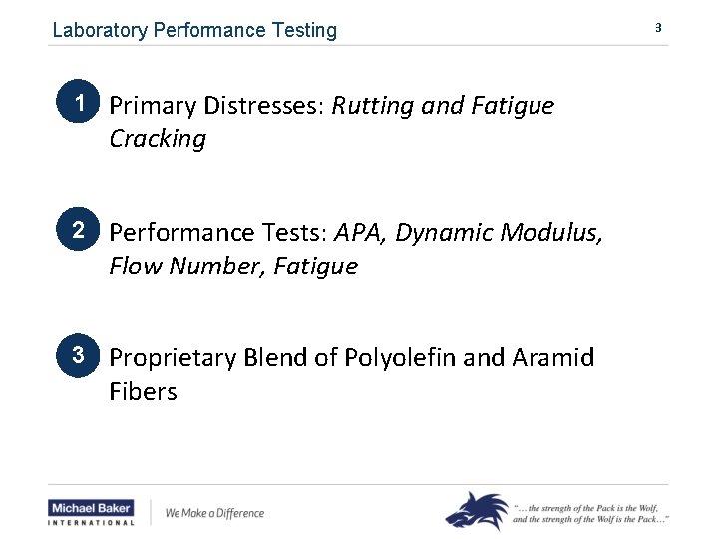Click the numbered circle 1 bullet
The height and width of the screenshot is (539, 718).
click(x=76, y=104)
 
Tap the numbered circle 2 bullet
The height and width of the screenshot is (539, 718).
click(x=76, y=231)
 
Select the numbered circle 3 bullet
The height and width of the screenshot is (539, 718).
click(x=76, y=355)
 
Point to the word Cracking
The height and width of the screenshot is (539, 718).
click(x=158, y=139)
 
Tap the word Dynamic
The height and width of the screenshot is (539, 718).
click(x=444, y=233)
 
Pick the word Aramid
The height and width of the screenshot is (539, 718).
click(x=554, y=357)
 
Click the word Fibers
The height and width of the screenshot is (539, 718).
click(x=143, y=391)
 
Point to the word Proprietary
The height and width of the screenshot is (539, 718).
click(x=169, y=357)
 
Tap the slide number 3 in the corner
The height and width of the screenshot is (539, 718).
click(x=658, y=28)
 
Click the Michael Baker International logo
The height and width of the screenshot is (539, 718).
click(x=91, y=512)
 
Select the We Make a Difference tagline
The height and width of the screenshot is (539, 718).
click(x=214, y=513)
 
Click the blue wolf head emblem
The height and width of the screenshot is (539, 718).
click(x=476, y=510)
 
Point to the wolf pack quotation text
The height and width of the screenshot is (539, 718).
click(x=590, y=512)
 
